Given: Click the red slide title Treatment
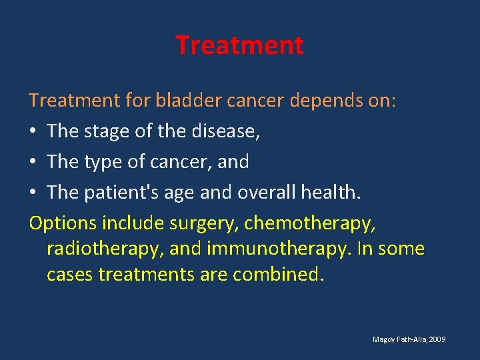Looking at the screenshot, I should point(239,45).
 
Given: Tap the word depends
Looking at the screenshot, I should point(313,101).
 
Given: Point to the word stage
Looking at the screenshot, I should point(105,131).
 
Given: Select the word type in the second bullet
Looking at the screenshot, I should point(103,162).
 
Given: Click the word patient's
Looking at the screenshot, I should point(117,193).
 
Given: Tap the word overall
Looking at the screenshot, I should point(251,192).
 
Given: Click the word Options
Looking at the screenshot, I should point(63,223).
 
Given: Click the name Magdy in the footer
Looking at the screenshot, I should point(383,340).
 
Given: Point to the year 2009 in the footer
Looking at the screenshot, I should point(437,340).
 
